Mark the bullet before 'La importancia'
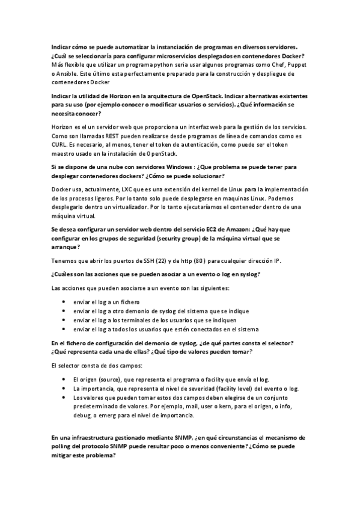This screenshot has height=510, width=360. pos(64,389)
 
